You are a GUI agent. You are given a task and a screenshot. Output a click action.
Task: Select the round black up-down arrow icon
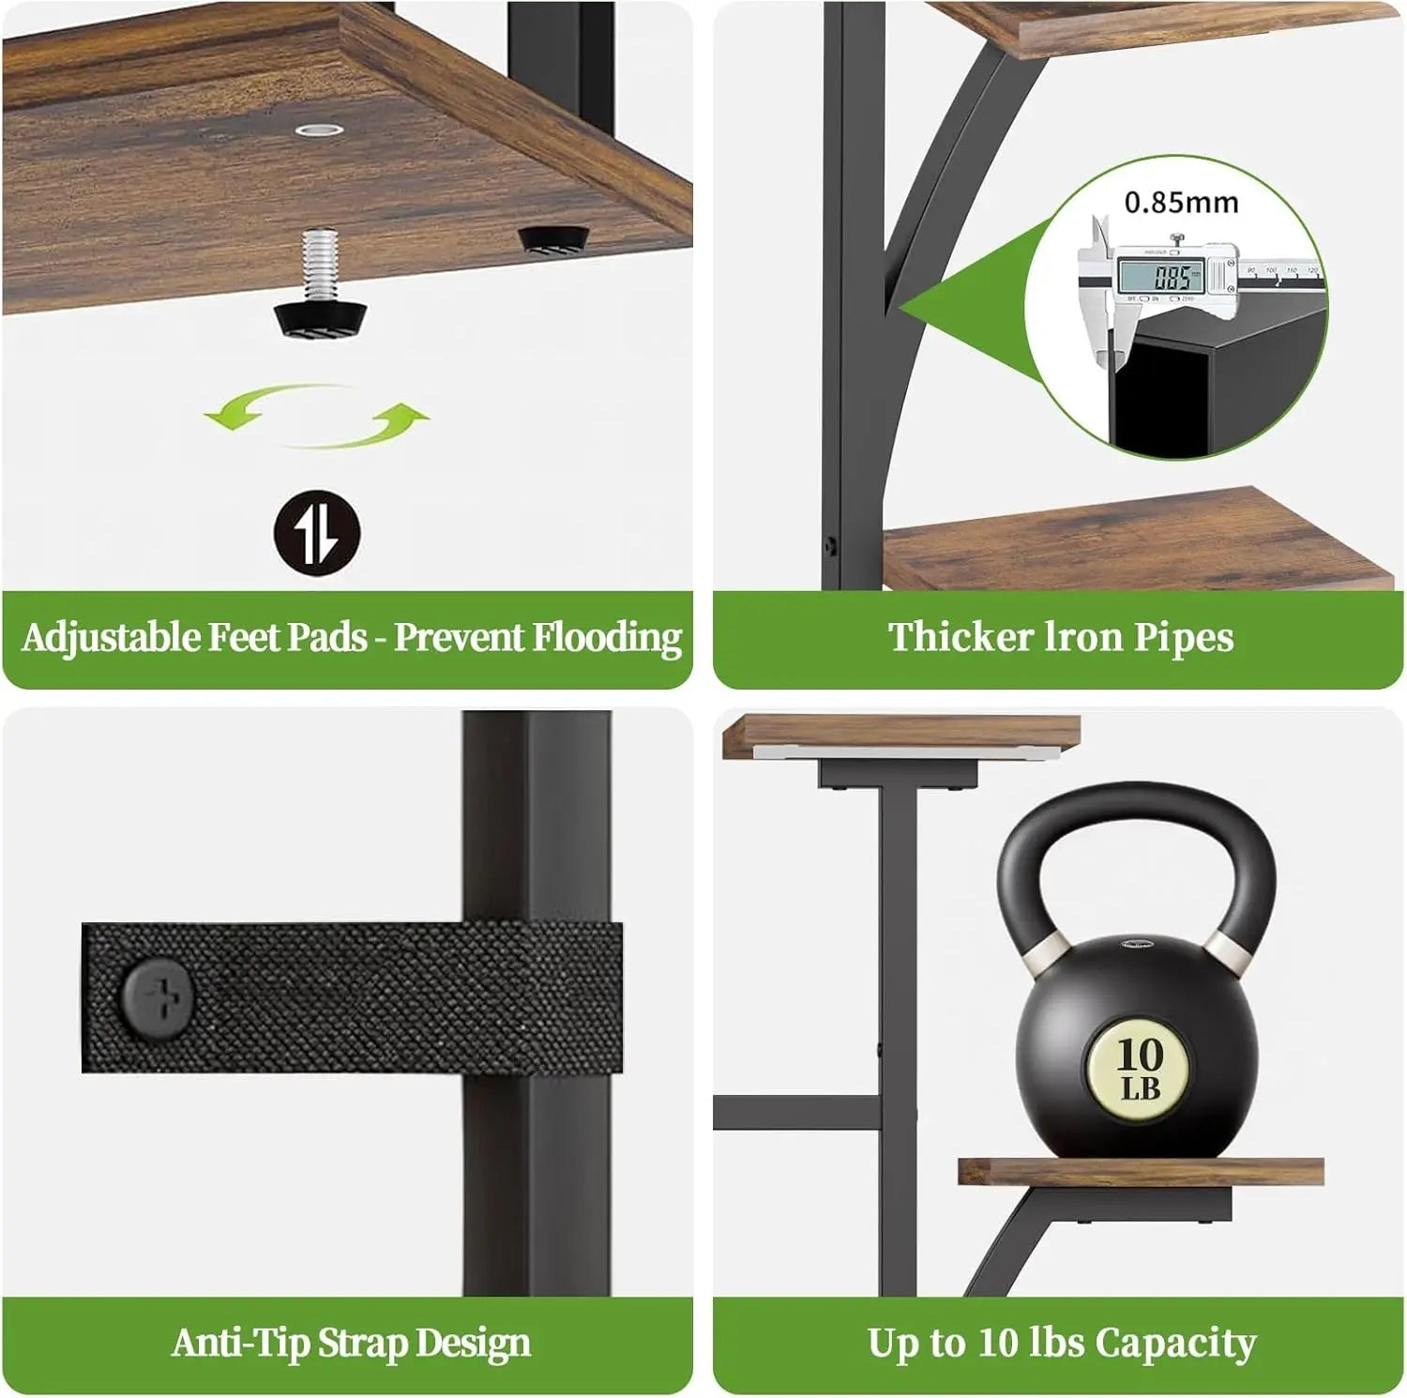[317, 534]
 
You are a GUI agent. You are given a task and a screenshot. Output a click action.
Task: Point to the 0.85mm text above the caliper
[1181, 202]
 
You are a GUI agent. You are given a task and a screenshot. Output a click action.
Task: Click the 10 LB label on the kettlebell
[1140, 1069]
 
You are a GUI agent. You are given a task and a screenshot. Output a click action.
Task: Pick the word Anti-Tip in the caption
[240, 1343]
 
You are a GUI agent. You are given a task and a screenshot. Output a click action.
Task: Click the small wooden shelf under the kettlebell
[1141, 1171]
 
